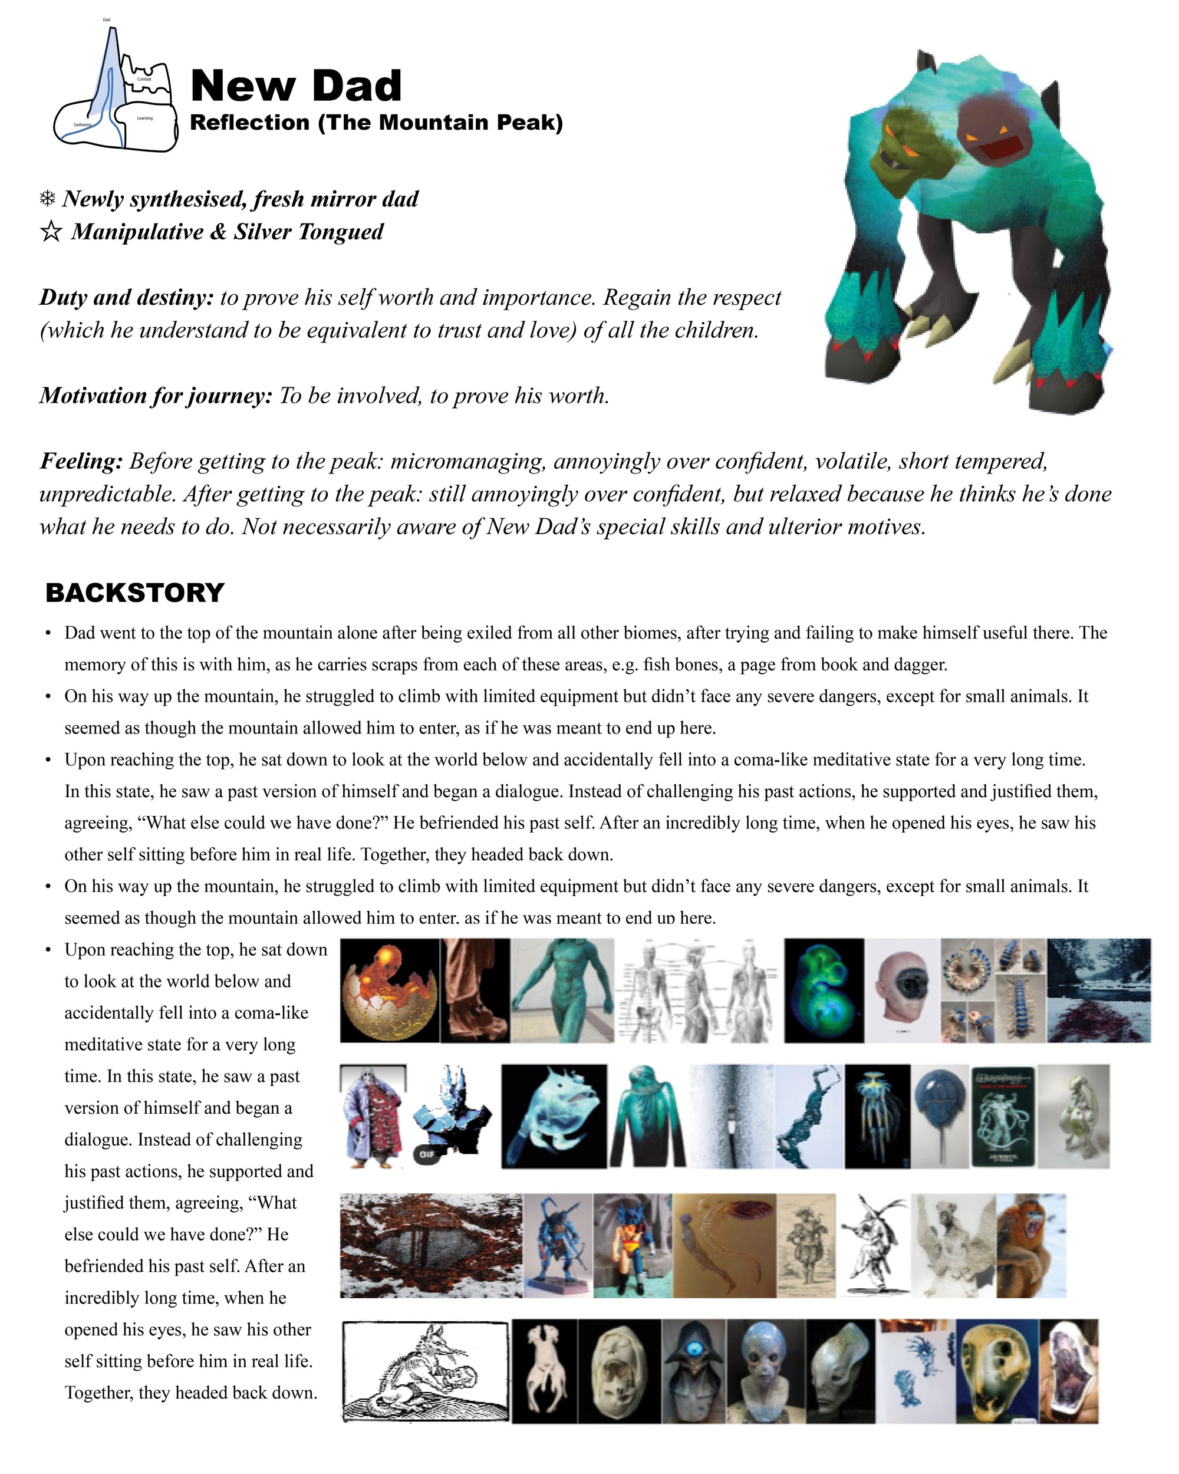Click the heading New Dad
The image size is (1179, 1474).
pyautogui.click(x=295, y=86)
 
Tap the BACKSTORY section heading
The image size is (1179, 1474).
pyautogui.click(x=134, y=593)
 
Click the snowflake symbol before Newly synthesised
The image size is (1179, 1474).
pyautogui.click(x=47, y=199)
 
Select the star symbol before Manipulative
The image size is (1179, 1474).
pyautogui.click(x=50, y=232)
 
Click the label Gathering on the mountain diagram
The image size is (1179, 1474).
pyautogui.click(x=82, y=124)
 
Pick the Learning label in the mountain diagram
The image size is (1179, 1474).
pyautogui.click(x=144, y=119)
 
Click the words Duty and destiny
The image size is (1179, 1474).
pyautogui.click(x=126, y=297)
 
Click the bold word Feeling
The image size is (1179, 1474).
pyautogui.click(x=81, y=462)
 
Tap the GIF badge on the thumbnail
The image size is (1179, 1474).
pyautogui.click(x=426, y=1154)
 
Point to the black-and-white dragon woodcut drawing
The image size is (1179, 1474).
pyautogui.click(x=425, y=1370)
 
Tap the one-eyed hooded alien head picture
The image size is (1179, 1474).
pyautogui.click(x=694, y=1371)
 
